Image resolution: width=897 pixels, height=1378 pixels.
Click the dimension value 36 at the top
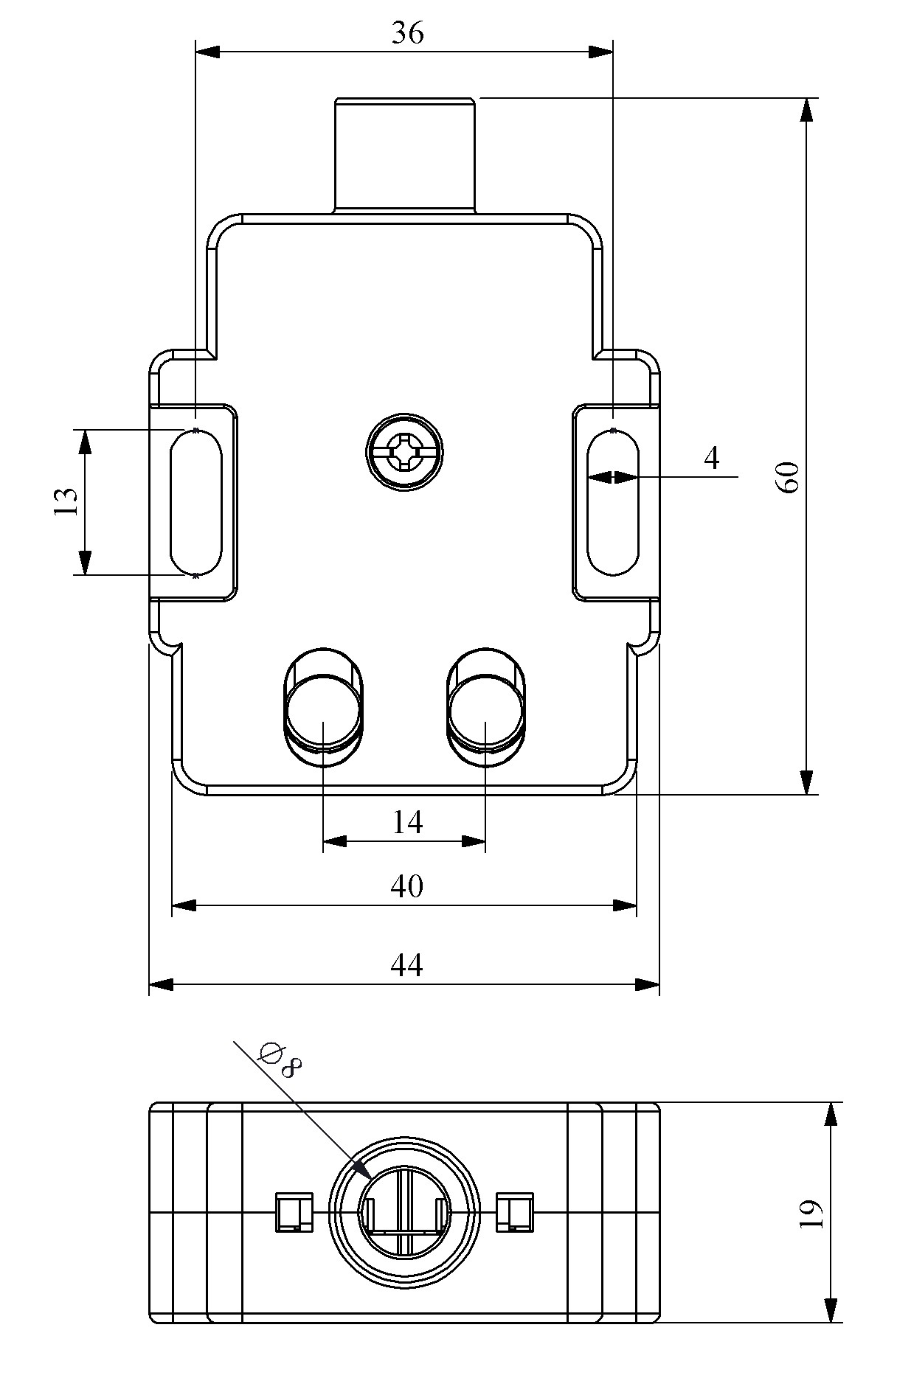pyautogui.click(x=407, y=33)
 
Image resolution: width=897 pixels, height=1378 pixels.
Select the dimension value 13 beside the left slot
pyautogui.click(x=66, y=501)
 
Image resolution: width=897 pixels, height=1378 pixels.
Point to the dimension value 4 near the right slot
pyautogui.click(x=711, y=459)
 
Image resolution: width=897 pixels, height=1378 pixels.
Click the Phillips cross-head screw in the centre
pyautogui.click(x=405, y=452)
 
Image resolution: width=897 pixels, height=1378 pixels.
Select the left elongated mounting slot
pyautogui.click(x=195, y=502)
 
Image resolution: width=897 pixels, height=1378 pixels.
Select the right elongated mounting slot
pyautogui.click(x=613, y=502)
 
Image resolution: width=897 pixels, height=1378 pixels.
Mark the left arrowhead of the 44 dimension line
pyautogui.click(x=160, y=984)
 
